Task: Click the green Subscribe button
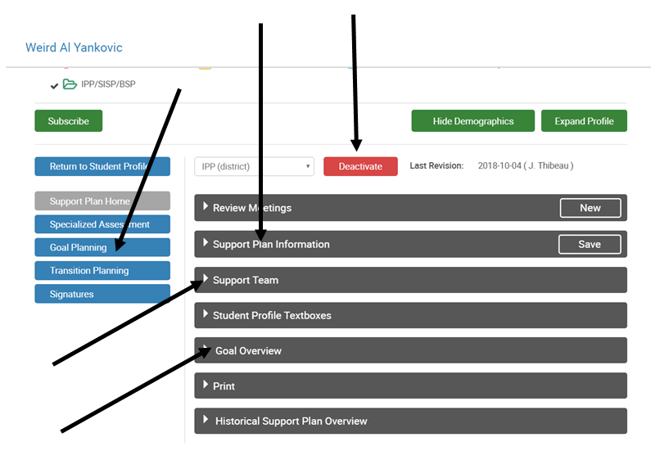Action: tap(69, 121)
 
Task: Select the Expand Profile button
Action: tap(584, 121)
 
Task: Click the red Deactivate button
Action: tap(360, 166)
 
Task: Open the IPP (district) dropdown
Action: tap(254, 166)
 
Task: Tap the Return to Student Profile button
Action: tap(102, 166)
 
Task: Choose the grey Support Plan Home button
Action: tap(102, 201)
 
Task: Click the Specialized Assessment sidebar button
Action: tap(102, 224)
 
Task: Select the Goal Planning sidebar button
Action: tap(102, 247)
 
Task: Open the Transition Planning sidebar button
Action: tap(102, 271)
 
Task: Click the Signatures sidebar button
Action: tap(102, 294)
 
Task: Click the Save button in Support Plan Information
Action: tap(590, 244)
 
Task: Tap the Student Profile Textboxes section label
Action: tap(272, 315)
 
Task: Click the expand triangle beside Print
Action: tap(206, 385)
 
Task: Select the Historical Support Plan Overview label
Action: tap(291, 421)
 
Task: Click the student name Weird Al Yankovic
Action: tap(74, 47)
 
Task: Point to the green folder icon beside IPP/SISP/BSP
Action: tap(70, 84)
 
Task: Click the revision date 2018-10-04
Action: tap(500, 165)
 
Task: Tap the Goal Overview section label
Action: tap(248, 351)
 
